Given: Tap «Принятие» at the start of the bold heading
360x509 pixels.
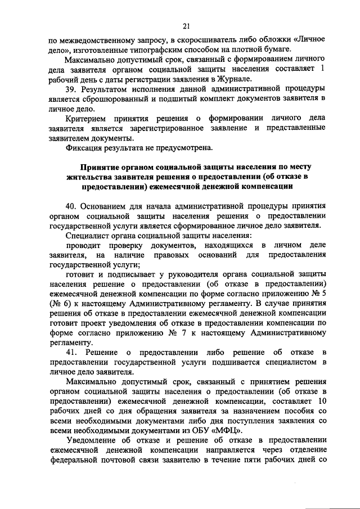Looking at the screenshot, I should point(98,168).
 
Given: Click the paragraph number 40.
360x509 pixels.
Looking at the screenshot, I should point(71,206).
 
